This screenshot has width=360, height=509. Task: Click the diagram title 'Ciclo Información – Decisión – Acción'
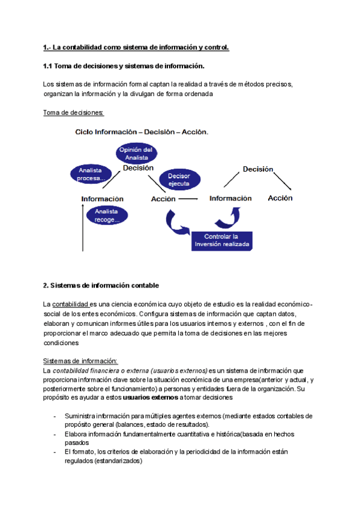tap(142, 132)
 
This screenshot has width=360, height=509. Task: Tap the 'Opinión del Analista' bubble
tap(136, 153)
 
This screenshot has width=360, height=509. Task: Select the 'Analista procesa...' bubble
tap(91, 174)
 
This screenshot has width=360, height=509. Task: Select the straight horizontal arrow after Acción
tap(188, 198)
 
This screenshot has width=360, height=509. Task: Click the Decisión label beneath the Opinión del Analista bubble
tap(138, 169)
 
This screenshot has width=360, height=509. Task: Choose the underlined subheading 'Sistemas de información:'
tap(81, 361)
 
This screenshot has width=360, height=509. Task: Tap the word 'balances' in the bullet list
tap(128, 425)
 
